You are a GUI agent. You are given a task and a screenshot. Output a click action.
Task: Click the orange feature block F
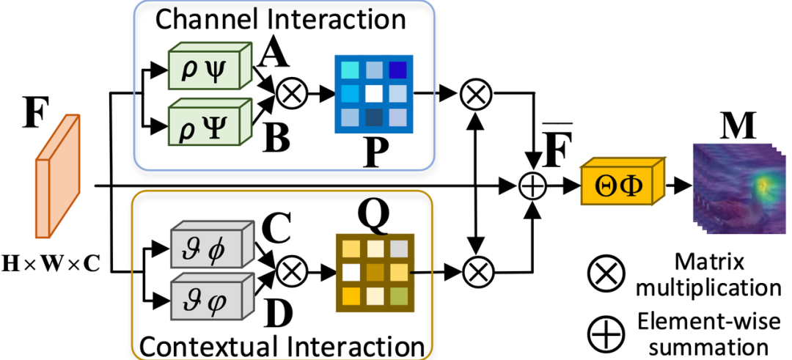click(58, 176)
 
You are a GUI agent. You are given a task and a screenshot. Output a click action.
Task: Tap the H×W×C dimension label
click(50, 262)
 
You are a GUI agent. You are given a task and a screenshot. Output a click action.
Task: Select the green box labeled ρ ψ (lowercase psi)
click(208, 67)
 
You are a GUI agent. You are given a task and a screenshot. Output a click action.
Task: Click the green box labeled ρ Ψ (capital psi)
click(208, 122)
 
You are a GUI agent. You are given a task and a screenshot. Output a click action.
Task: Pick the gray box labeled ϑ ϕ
click(212, 244)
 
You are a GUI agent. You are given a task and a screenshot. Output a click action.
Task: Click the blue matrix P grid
click(374, 94)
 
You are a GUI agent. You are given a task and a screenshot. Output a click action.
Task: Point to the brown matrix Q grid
click(375, 273)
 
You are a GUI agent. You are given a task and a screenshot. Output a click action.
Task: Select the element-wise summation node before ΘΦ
click(533, 186)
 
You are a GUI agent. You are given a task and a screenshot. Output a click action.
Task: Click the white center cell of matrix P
click(374, 93)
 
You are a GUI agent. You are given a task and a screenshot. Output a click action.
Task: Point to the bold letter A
click(274, 54)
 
